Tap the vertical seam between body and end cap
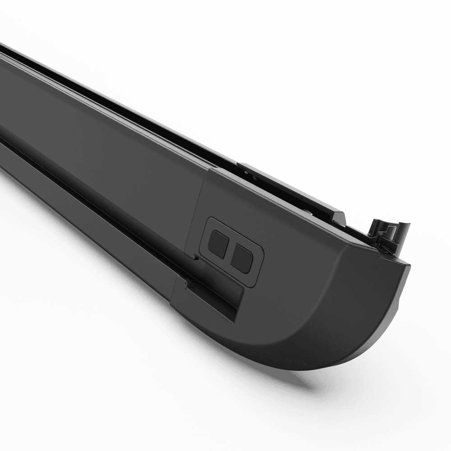tap(201, 207)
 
